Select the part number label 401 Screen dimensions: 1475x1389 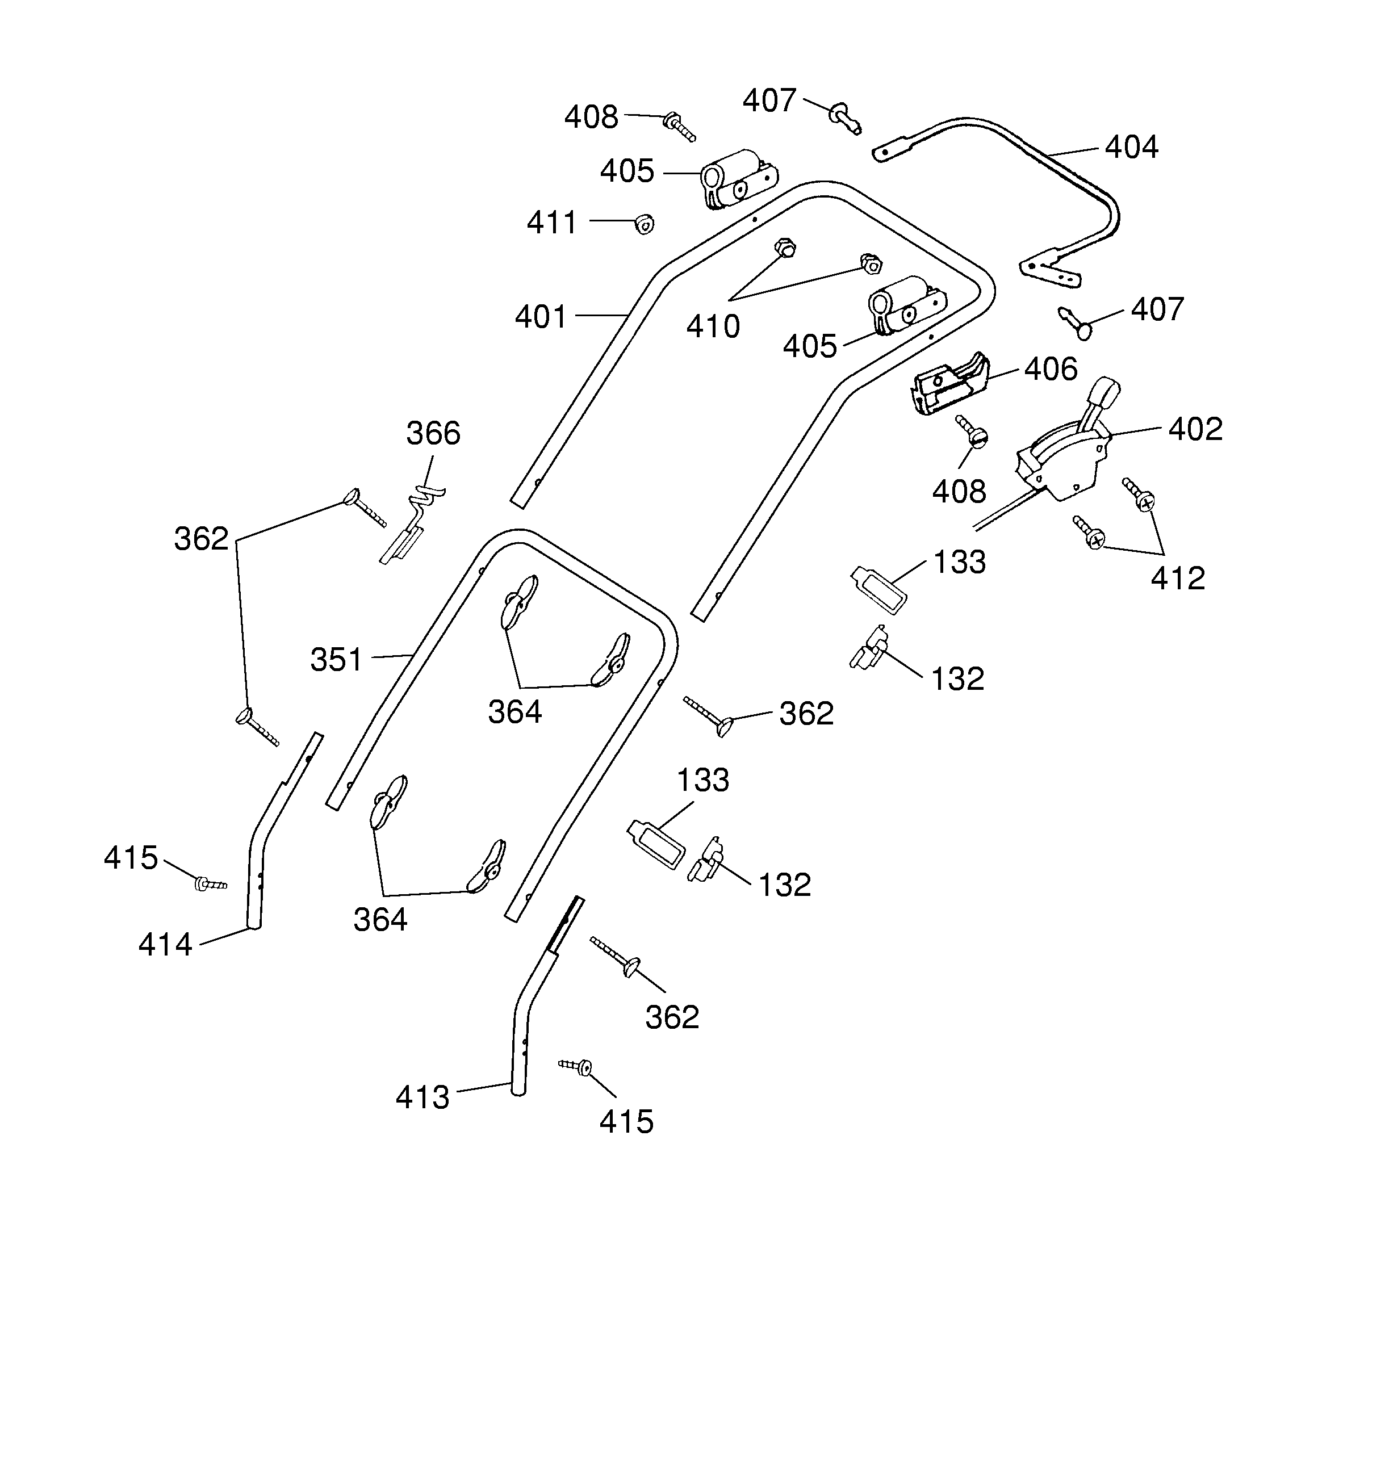click(541, 317)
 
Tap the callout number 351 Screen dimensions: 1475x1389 click(336, 660)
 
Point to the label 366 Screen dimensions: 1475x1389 click(433, 433)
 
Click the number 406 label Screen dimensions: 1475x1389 click(1051, 370)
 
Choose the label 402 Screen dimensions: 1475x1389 click(1195, 430)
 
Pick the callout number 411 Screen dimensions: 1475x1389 click(551, 223)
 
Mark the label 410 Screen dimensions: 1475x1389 click(712, 326)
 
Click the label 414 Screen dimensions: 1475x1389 click(165, 945)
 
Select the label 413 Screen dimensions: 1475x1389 click(422, 1097)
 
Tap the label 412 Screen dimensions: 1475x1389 click(1178, 579)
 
